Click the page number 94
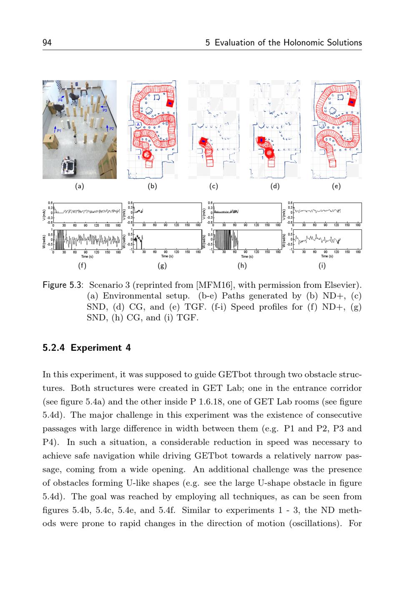click(47, 43)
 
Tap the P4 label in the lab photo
click(60, 100)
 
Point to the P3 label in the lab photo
click(105, 110)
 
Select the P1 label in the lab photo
click(59, 131)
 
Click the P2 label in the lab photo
click(111, 128)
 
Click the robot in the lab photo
click(68, 165)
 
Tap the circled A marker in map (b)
click(138, 124)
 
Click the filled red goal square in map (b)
click(170, 103)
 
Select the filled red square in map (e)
click(352, 102)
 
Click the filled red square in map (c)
click(203, 141)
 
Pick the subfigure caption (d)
click(275, 186)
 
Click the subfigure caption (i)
click(322, 265)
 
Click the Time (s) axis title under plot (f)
click(87, 256)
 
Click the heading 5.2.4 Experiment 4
click(87, 348)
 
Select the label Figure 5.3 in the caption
click(63, 285)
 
